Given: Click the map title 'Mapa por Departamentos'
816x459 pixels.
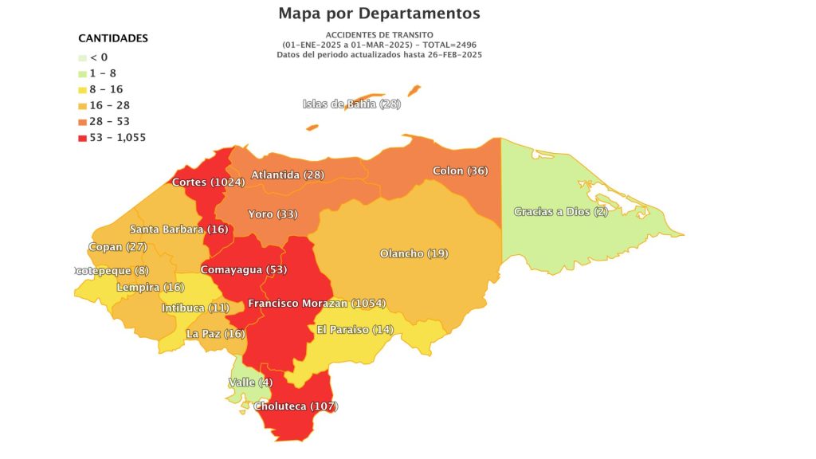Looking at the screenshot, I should click(379, 14).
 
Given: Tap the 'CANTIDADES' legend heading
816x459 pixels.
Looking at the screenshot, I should click(113, 38).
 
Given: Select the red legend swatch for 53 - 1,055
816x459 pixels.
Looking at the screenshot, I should click(83, 138).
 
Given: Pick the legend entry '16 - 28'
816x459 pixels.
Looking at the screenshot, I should click(109, 105).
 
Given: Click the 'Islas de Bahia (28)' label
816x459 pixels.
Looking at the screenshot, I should click(351, 104).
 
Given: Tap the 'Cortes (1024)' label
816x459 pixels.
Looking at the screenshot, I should click(209, 182).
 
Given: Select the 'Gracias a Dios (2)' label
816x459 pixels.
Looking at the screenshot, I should click(561, 211).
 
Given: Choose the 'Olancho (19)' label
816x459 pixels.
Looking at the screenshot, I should click(414, 253).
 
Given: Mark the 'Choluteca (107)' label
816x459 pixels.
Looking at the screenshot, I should click(296, 406).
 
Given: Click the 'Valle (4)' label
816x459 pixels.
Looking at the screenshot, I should click(250, 382).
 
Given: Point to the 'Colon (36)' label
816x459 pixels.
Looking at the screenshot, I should click(460, 171).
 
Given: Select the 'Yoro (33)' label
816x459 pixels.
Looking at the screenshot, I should click(273, 214).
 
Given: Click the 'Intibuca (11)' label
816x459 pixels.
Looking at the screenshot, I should click(195, 308).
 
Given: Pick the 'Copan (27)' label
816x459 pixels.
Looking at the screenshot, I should click(117, 247).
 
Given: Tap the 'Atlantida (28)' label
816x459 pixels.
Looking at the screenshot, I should click(287, 175).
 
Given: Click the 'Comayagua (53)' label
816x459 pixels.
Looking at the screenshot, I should click(243, 269).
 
